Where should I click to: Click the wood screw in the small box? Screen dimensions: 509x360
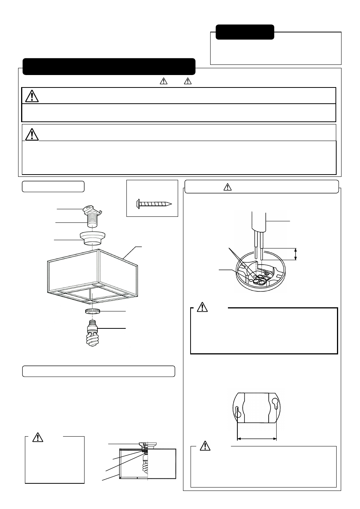coord(153,204)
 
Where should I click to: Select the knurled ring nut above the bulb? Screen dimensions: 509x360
coord(92,311)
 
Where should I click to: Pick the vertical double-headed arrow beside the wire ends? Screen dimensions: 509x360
coord(295,254)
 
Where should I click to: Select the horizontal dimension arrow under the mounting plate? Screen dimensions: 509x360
coord(257,438)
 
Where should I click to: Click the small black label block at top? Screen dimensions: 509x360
coord(245,32)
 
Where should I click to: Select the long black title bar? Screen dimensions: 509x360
coord(109,66)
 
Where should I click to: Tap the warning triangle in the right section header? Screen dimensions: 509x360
coord(227,187)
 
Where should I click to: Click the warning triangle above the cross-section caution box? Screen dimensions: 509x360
coord(38,437)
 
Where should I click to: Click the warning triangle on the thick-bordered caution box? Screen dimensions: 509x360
coord(203,307)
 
